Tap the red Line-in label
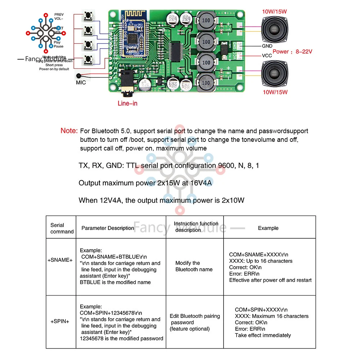(x=127, y=103)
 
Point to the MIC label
(x=81, y=82)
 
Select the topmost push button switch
(x=87, y=16)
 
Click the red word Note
(x=69, y=131)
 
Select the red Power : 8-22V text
(x=292, y=51)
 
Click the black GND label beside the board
(x=267, y=46)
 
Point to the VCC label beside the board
(x=267, y=56)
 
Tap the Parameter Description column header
(x=108, y=228)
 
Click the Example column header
(x=268, y=228)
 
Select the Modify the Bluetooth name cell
(x=194, y=266)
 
